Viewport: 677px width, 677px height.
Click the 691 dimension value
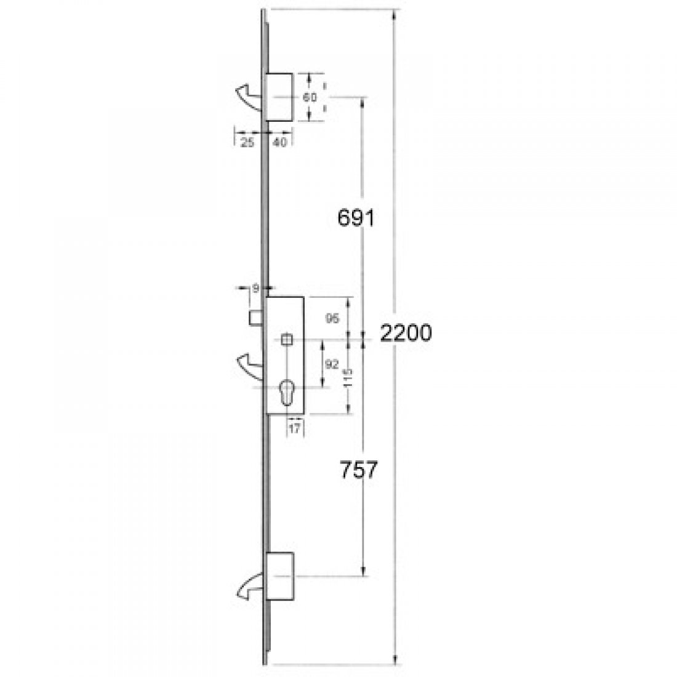click(356, 218)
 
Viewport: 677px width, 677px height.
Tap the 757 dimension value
click(357, 470)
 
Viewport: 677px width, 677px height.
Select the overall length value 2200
click(406, 333)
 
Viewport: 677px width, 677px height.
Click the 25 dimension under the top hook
click(247, 142)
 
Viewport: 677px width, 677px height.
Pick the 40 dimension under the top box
click(279, 142)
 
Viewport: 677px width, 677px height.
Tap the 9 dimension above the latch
click(254, 287)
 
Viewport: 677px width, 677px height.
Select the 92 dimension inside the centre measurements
click(331, 364)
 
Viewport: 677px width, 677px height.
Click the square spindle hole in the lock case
click(286, 339)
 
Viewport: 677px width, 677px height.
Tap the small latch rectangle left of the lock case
click(255, 318)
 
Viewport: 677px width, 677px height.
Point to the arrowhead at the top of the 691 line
click(364, 101)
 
